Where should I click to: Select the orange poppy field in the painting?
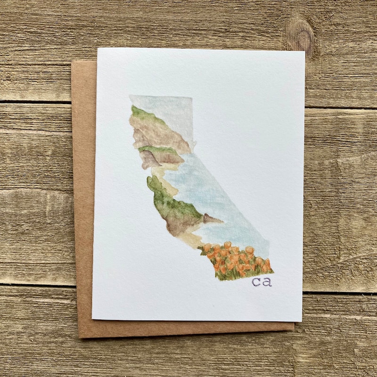236,259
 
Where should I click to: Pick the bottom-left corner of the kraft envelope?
79,337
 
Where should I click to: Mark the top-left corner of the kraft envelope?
72,62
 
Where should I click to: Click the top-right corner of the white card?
305,51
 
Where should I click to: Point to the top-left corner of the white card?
98,48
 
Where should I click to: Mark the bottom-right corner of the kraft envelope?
294,330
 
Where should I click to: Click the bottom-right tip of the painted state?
272,271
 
